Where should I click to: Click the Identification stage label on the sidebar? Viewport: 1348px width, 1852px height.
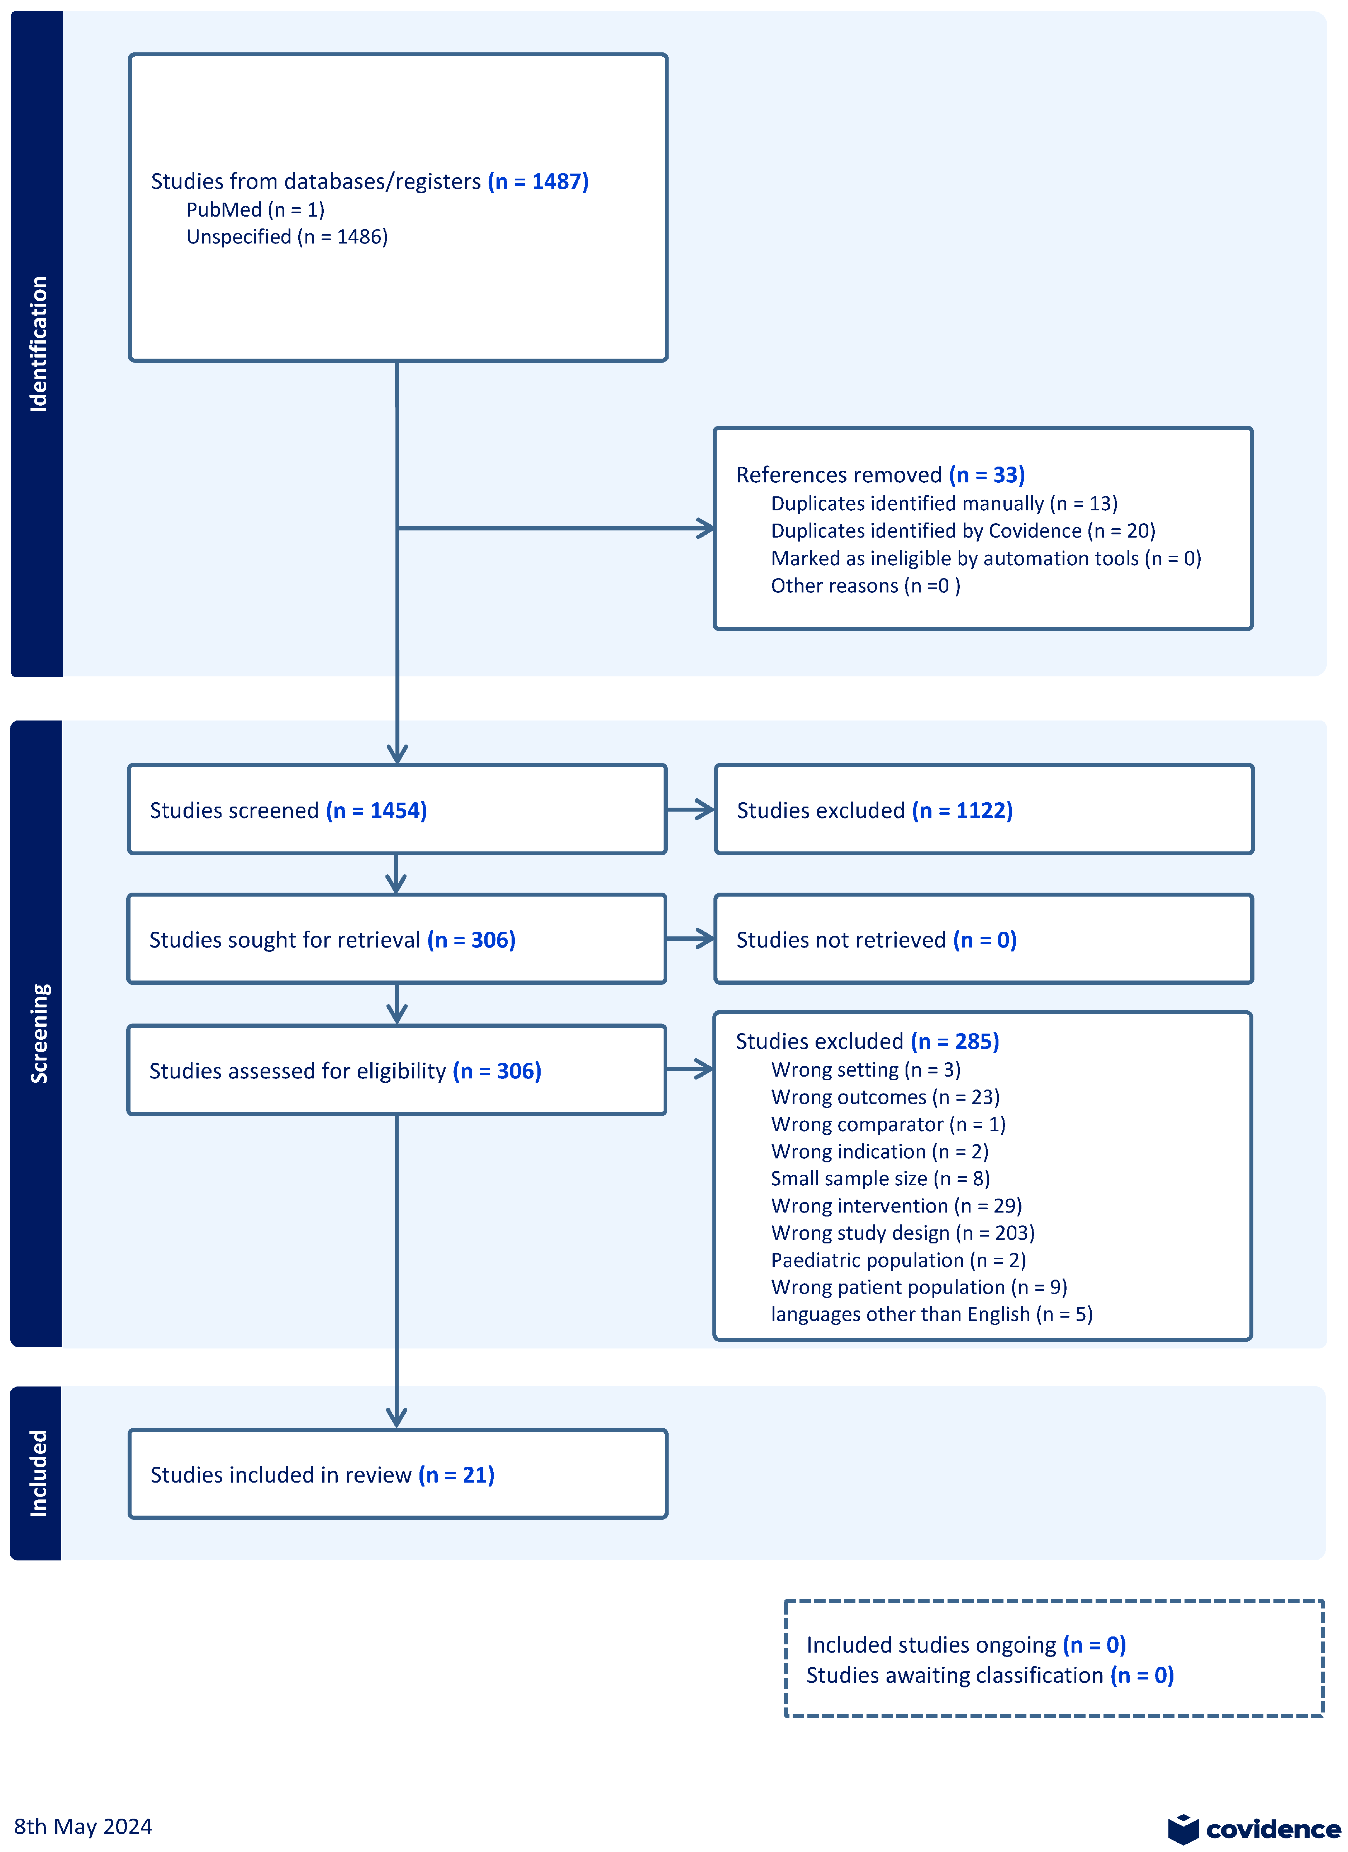(38, 344)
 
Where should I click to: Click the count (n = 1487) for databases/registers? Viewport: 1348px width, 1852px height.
(538, 181)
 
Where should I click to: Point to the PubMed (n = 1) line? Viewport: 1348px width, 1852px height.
(255, 210)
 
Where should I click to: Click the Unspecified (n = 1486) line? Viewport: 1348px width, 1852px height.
(286, 237)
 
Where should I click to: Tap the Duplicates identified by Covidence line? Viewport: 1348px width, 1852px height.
(963, 531)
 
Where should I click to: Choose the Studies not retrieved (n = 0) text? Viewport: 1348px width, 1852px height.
(876, 940)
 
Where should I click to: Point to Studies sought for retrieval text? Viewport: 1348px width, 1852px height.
(284, 940)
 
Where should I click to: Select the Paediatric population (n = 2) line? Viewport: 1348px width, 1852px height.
(898, 1260)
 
